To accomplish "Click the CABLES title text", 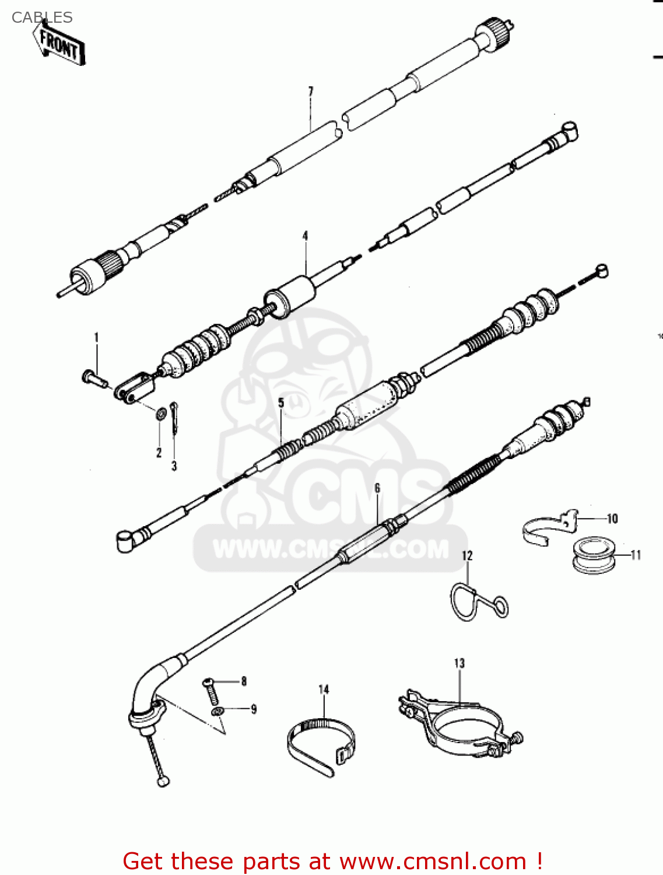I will click(x=42, y=17).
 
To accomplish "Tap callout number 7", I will click(x=311, y=92).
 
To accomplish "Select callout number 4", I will click(x=305, y=236).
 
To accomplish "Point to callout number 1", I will click(x=97, y=337).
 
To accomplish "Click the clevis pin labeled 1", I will click(x=94, y=377).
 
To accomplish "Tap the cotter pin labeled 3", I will click(x=174, y=417).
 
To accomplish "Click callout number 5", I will click(x=281, y=402).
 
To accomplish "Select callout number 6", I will click(x=377, y=488).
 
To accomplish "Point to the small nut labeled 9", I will click(x=218, y=711).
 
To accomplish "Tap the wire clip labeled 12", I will click(x=475, y=604).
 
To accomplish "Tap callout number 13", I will click(x=459, y=663).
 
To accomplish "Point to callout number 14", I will click(x=324, y=689).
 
